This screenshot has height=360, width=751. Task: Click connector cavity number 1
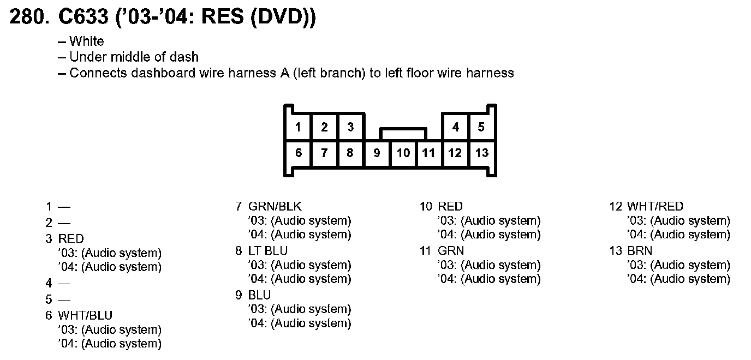(x=298, y=128)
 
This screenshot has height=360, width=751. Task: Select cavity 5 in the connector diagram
(x=481, y=128)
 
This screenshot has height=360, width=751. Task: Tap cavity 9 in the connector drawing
(x=377, y=153)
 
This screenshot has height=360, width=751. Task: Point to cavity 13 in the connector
(x=481, y=153)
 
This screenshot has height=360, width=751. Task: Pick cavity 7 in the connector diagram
(x=324, y=153)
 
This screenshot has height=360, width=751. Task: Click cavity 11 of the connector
(x=429, y=153)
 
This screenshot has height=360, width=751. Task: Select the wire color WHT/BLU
(x=85, y=315)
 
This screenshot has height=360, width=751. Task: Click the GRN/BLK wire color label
(x=275, y=206)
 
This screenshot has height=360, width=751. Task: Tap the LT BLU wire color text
(x=267, y=250)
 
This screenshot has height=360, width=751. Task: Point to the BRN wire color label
(x=639, y=250)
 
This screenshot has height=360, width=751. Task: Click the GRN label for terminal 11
(x=451, y=250)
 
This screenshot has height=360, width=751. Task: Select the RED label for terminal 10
(x=450, y=206)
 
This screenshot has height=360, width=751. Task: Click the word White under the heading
(x=87, y=41)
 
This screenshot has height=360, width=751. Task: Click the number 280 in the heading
(x=27, y=17)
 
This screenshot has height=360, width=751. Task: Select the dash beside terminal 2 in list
(x=65, y=223)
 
